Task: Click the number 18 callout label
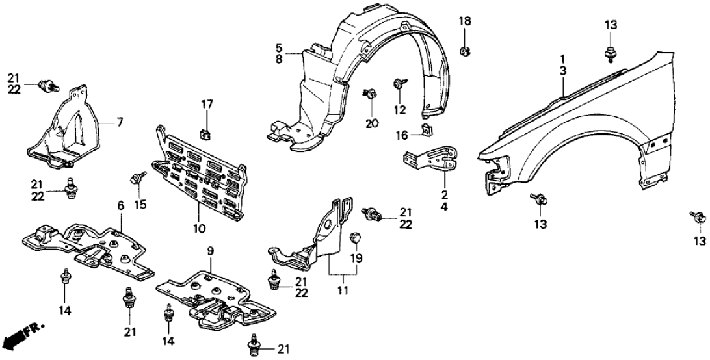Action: click(x=465, y=21)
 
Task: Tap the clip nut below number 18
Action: click(x=465, y=50)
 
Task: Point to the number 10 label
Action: click(x=199, y=229)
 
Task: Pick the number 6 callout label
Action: click(x=120, y=205)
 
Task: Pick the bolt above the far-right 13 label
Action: click(x=697, y=218)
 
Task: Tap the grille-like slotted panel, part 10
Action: click(x=203, y=172)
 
